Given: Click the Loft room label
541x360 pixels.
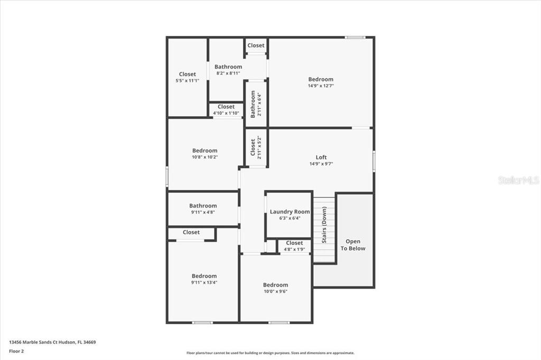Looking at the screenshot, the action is click(321, 157).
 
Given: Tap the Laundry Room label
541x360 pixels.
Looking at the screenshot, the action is click(290, 212).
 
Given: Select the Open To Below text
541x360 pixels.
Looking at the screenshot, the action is click(353, 245).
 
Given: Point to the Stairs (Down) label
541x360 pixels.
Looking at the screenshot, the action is click(324, 225).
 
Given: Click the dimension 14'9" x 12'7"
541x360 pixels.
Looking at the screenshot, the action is click(321, 86).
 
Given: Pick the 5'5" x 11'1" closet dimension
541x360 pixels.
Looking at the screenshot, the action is click(188, 81).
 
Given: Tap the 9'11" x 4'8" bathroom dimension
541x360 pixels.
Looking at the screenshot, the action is click(203, 212).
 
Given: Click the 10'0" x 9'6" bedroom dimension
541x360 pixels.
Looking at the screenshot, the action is click(276, 291).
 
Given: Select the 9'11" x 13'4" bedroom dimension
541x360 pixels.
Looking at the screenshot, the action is click(204, 282).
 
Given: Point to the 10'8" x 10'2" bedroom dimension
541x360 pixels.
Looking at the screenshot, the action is click(205, 157).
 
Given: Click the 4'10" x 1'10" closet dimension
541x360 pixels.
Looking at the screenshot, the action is click(226, 113).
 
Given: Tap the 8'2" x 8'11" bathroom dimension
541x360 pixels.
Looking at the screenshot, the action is click(228, 73).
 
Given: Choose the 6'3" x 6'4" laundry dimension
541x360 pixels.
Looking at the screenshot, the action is click(290, 219).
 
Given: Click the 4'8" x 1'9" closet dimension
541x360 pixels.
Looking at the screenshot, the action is click(294, 249).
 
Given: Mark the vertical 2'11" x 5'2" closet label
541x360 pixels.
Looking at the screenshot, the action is click(259, 147).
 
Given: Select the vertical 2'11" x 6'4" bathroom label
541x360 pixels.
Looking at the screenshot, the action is click(259, 105).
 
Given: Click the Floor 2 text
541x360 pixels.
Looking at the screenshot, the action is click(16, 352).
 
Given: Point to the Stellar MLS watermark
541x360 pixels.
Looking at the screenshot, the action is click(519, 180).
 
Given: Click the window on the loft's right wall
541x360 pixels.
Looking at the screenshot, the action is click(374, 161).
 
